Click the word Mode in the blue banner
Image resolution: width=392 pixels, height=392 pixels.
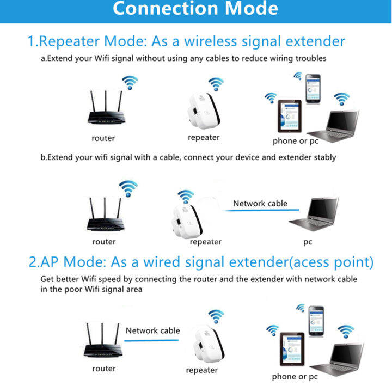251,9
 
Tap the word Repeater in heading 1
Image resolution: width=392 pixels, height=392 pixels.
69,41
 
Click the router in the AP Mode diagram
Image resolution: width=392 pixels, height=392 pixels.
103,340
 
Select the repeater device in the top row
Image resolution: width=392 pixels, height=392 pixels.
204,111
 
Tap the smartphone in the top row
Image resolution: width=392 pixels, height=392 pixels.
313,89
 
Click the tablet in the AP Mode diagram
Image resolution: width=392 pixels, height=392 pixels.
292,349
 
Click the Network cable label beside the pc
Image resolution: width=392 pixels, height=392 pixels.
260,204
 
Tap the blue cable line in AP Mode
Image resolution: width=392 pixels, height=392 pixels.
151,340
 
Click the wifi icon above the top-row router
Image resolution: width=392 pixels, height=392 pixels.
130,83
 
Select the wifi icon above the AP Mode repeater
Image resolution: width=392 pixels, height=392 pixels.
216,316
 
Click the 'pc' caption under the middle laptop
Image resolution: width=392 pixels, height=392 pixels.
308,242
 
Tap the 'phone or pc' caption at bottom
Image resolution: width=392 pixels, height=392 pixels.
295,377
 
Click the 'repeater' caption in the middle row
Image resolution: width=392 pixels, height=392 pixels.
205,242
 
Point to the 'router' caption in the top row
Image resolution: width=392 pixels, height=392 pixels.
103,138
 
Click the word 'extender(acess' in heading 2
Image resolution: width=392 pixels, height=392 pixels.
279,262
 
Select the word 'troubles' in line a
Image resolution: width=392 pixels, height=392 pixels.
311,58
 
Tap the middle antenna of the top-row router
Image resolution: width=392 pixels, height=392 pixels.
106,101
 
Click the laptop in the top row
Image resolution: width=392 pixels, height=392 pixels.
333,126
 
